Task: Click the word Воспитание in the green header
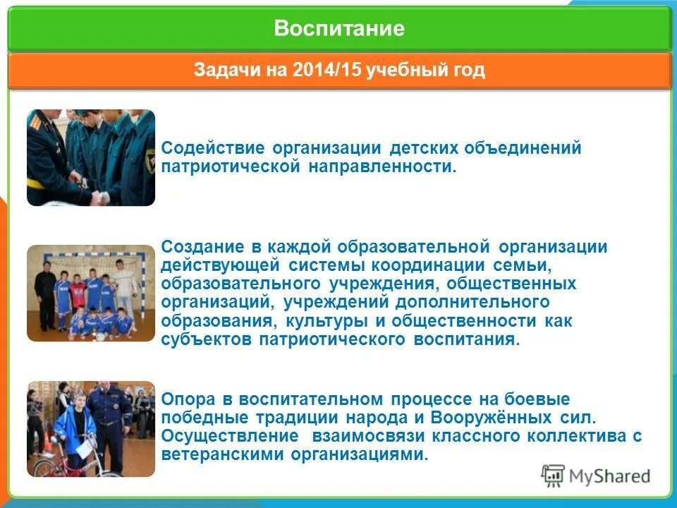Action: (339, 28)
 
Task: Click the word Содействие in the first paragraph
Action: (212, 149)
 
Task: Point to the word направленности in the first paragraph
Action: (381, 168)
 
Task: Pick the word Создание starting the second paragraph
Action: (201, 247)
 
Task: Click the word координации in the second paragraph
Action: (433, 265)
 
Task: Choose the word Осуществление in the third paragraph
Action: (222, 436)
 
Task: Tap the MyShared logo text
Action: (611, 476)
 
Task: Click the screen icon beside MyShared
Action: (554, 476)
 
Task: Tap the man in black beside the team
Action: (45, 293)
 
